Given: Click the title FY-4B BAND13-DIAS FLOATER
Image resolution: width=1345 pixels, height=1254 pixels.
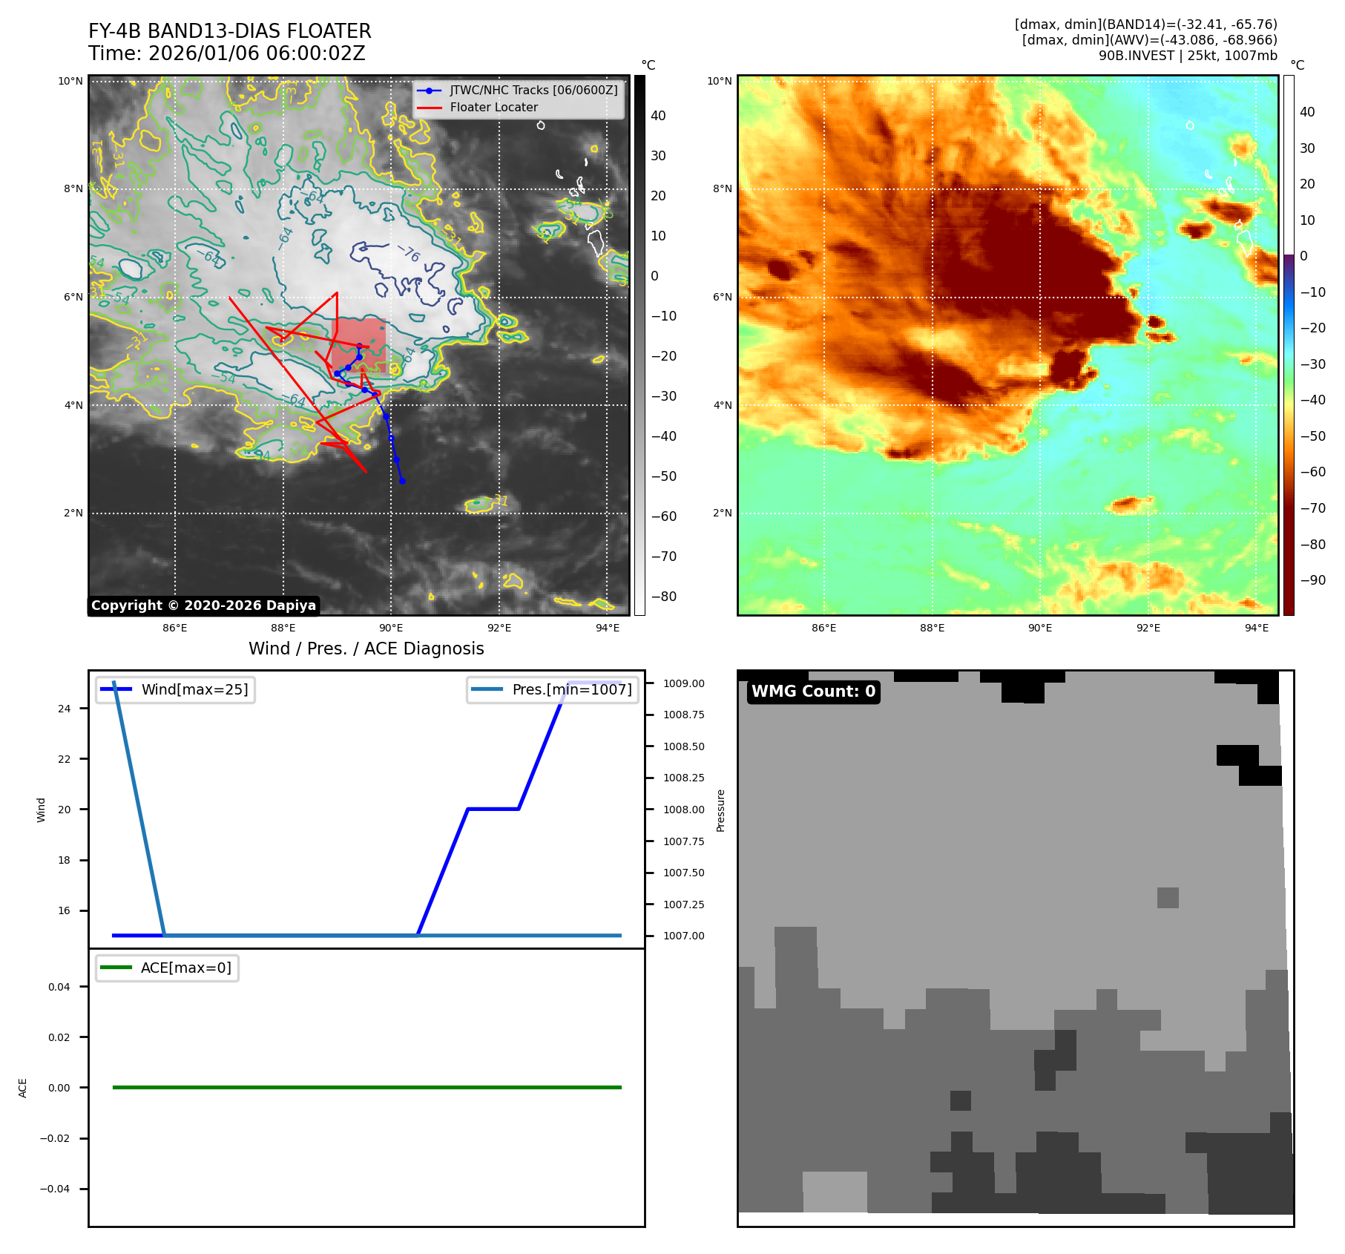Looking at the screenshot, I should coord(229,31).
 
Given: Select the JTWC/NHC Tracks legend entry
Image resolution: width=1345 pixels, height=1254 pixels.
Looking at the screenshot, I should coord(533,90).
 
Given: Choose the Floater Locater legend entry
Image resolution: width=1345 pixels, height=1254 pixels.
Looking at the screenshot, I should coord(493,107).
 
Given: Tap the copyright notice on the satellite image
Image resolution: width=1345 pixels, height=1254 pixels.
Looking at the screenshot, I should coord(203,605).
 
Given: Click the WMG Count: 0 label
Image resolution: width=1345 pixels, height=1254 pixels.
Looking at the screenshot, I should coord(813,692).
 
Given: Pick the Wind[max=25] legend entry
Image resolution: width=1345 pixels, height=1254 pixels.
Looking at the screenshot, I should coord(194,689).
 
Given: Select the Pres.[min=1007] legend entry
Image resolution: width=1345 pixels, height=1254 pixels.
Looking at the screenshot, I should coord(571,689).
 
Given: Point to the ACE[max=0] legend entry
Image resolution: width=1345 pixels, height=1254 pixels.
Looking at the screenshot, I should coord(185,968).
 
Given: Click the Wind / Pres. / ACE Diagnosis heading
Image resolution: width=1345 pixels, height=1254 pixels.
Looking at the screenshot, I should coord(366,649).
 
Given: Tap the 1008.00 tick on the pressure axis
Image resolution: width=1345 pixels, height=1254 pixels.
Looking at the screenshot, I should coord(683,810).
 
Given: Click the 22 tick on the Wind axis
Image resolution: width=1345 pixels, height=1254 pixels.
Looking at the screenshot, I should coord(65,759).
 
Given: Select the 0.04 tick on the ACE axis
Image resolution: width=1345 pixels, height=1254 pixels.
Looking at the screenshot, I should coord(59,987).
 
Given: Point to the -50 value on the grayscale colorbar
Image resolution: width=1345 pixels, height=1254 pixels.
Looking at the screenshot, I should coord(663,476).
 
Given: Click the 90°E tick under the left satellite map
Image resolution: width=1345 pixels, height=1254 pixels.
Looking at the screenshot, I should coord(391,628).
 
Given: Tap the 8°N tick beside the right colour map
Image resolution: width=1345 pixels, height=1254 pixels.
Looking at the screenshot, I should coord(722,188).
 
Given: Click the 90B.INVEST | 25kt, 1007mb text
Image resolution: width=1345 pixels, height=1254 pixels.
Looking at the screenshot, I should coord(1187,56).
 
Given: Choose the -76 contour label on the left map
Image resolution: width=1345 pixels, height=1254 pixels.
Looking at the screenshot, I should coord(409,254).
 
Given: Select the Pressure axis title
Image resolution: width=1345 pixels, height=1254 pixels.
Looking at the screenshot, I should coord(720,810).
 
